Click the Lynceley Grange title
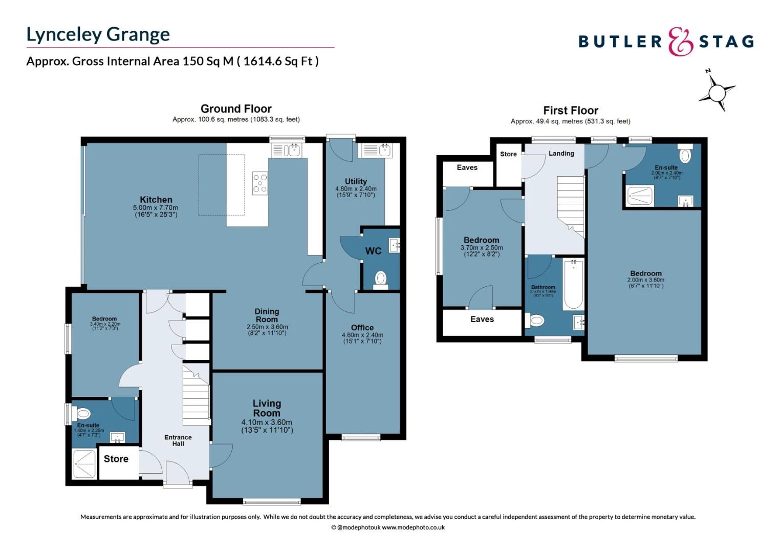click(98, 34)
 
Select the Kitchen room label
click(156, 200)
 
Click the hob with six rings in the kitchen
click(260, 183)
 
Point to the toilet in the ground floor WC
click(380, 279)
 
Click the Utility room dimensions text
click(356, 192)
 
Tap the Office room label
click(362, 328)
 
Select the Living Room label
click(267, 408)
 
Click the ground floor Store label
click(116, 459)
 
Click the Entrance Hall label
click(178, 440)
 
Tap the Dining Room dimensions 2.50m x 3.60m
click(267, 330)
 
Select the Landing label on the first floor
click(561, 154)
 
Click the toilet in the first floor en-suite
click(685, 155)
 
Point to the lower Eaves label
click(482, 320)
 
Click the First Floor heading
click(571, 111)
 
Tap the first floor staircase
click(570, 205)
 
